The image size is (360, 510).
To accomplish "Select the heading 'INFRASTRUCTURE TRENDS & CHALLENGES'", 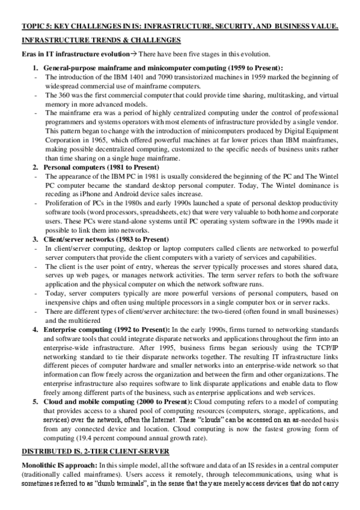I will coord(100,40).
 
